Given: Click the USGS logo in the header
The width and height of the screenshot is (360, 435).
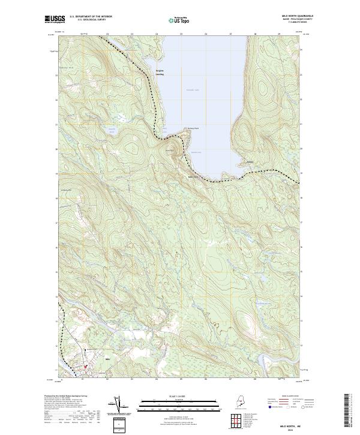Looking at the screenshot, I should coord(55,20).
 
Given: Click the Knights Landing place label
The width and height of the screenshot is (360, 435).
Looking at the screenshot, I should coord(160,73).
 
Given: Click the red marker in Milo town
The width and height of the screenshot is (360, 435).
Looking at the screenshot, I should coord(85,365).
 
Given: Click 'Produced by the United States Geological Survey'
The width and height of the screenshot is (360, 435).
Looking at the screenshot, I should coord(66,397).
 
